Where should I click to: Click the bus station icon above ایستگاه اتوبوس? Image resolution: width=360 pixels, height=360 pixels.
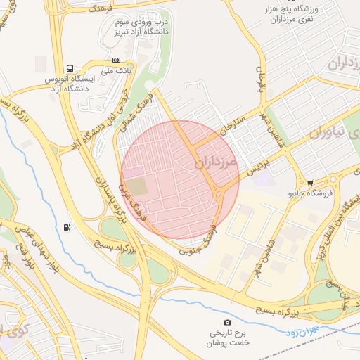(x=70, y=68)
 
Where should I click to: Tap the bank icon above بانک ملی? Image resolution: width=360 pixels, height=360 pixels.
(x=116, y=60)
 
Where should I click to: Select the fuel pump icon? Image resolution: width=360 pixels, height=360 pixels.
(x=67, y=226)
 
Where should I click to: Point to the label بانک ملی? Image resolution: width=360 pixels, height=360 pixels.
(x=117, y=70)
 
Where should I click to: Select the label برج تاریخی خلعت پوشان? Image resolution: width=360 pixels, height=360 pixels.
(x=227, y=337)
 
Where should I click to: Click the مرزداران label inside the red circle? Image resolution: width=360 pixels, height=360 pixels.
(x=215, y=161)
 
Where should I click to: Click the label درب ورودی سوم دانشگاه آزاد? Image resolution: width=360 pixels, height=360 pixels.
(x=143, y=27)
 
